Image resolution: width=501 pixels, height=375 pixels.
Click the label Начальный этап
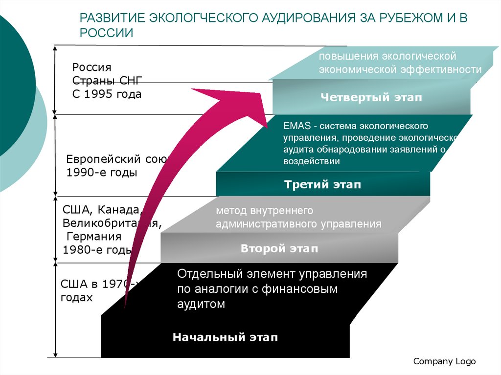click(x=225, y=337)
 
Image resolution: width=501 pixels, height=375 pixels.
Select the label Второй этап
click(x=279, y=248)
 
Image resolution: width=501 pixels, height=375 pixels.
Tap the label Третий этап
click(x=323, y=185)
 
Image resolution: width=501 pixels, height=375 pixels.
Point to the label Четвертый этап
click(x=371, y=97)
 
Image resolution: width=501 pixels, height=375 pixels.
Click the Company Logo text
click(x=444, y=361)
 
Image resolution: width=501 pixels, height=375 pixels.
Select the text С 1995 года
click(x=107, y=94)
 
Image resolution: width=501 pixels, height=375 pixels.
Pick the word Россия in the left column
click(x=92, y=67)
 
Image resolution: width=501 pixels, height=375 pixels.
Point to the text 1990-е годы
click(x=102, y=173)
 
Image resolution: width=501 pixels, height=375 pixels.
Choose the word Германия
click(x=94, y=237)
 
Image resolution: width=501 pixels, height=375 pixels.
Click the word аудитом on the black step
click(x=201, y=304)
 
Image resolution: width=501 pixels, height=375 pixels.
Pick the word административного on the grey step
click(x=267, y=224)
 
